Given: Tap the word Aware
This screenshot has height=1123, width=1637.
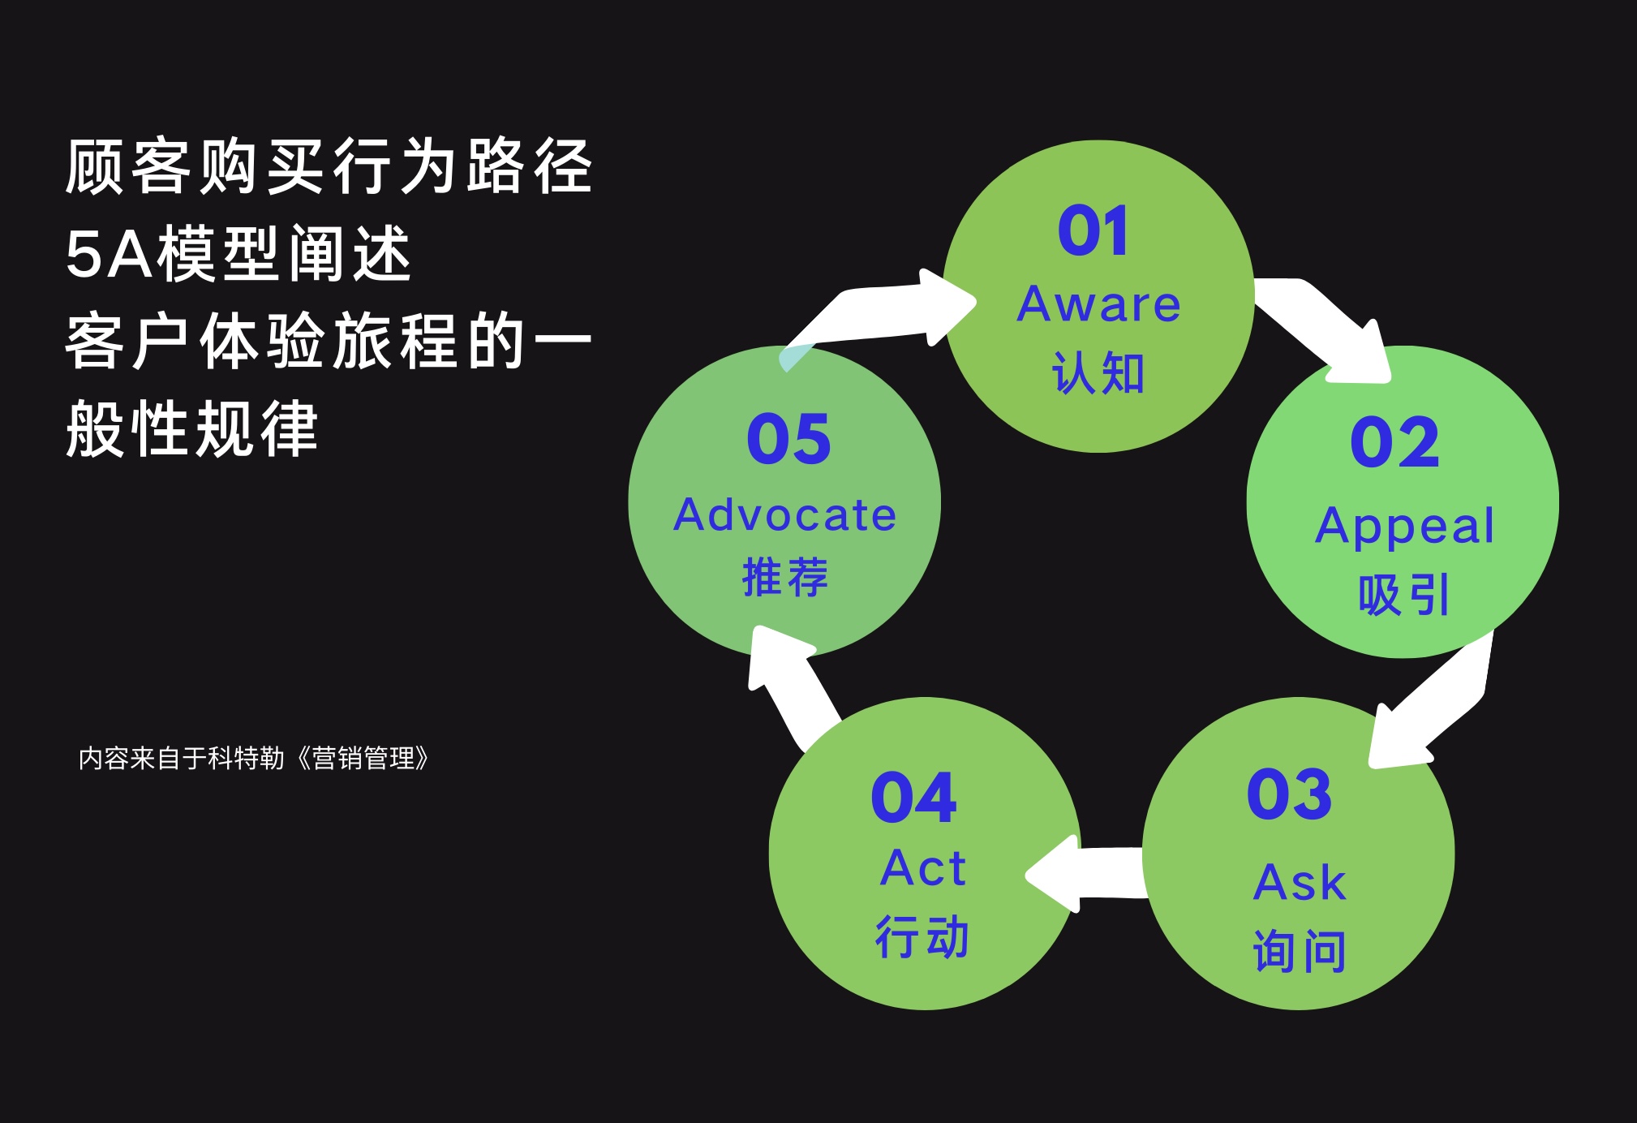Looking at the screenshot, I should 1099,305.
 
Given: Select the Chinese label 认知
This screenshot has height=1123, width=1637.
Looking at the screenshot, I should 1098,373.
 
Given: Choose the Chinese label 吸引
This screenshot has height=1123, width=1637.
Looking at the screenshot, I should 1403,595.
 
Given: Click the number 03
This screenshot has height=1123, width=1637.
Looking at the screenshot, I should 1289,794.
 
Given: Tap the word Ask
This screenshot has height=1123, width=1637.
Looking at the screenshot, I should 1299,883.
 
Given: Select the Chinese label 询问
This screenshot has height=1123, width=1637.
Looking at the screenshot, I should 1300,951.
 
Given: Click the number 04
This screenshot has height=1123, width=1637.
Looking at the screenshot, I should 913,798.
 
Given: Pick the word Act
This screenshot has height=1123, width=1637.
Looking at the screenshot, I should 923,868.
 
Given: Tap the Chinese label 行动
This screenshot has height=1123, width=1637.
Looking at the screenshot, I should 922,936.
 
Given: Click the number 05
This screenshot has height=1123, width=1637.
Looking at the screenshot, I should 788,440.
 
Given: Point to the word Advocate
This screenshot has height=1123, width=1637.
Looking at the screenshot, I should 784,516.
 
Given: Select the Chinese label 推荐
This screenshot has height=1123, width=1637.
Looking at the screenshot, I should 784,577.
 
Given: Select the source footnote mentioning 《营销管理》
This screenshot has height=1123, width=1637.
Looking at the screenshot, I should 253,758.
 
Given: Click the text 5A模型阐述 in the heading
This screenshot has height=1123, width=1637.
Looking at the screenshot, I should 238,254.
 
